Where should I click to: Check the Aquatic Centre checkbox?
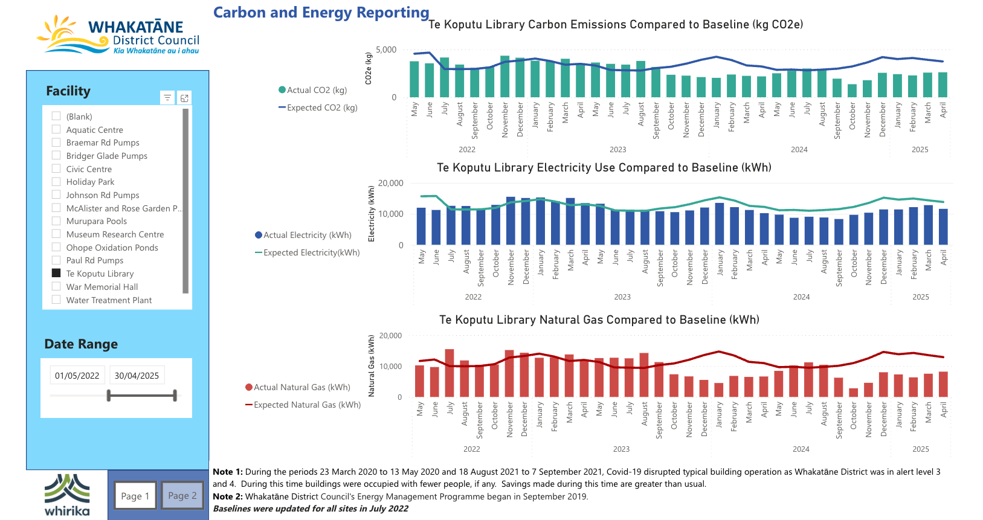[56, 129]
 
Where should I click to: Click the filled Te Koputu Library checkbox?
[56, 273]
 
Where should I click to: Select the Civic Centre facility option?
[89, 169]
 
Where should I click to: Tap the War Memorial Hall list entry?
[102, 287]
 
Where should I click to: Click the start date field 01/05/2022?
[77, 375]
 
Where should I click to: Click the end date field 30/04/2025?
[137, 375]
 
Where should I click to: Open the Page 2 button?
[182, 496]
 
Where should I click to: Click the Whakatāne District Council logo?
[118, 35]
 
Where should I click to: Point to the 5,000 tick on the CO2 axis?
[386, 50]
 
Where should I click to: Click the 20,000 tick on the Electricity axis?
[390, 183]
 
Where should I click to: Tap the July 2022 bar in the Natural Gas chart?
[450, 373]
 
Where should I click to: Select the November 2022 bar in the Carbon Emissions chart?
[505, 77]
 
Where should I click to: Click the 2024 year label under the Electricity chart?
[801, 297]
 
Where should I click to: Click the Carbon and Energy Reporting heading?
[321, 13]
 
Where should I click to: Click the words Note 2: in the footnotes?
[227, 496]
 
